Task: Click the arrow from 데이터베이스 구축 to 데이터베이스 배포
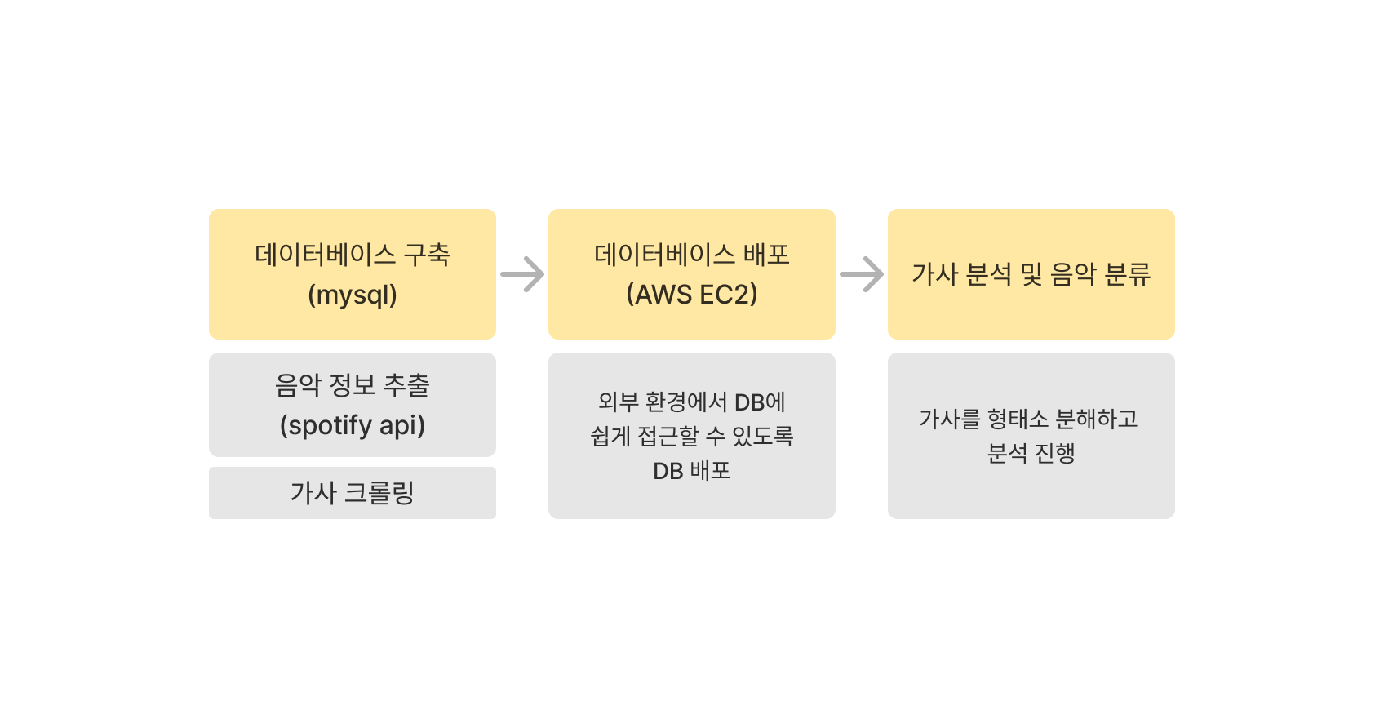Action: point(522,274)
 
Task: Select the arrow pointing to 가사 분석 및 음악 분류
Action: point(862,274)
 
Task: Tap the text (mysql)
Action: point(353,295)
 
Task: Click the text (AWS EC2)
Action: point(692,295)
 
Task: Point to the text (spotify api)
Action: point(353,425)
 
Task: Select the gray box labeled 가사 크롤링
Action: point(353,493)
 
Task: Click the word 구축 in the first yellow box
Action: point(427,255)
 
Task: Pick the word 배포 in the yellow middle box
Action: point(766,255)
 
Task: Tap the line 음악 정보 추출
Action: point(353,385)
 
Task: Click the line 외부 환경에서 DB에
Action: point(692,402)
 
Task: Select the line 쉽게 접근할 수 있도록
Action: point(692,436)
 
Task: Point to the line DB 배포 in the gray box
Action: point(692,471)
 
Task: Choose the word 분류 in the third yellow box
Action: point(1127,274)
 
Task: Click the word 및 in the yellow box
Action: point(1031,274)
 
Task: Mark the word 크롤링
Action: point(379,493)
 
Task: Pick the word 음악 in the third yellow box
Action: point(1073,274)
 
